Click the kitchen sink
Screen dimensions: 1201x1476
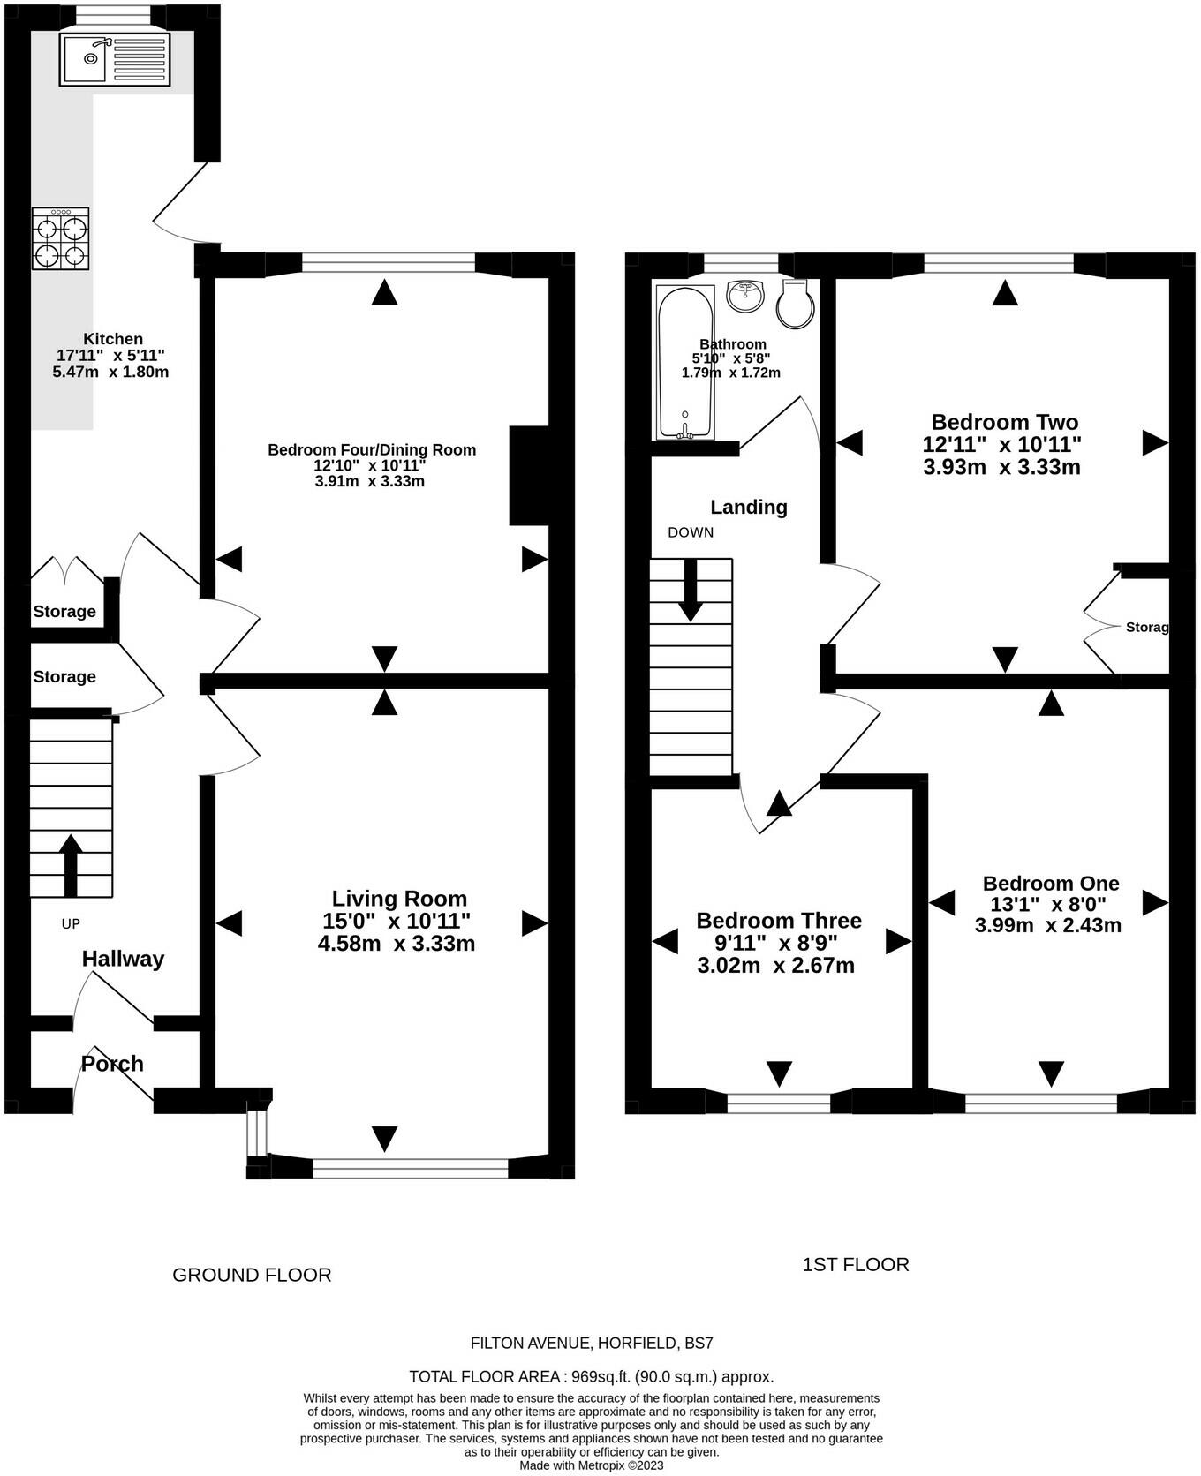pyautogui.click(x=113, y=59)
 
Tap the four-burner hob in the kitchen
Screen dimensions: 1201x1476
pyautogui.click(x=61, y=238)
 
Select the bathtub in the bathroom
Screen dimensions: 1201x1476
pyautogui.click(x=685, y=362)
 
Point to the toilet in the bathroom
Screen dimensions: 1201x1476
pyautogui.click(x=794, y=303)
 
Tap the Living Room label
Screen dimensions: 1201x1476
pyautogui.click(x=399, y=899)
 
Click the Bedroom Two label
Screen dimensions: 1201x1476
pyautogui.click(x=1004, y=422)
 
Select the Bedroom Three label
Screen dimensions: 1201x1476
pyautogui.click(x=779, y=921)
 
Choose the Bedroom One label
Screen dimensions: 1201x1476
pyautogui.click(x=1051, y=883)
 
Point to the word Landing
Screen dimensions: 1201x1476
pyautogui.click(x=749, y=507)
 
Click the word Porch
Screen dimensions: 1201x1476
pyautogui.click(x=112, y=1064)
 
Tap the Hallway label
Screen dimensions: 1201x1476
pyautogui.click(x=123, y=959)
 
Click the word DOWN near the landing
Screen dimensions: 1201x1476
pyautogui.click(x=691, y=532)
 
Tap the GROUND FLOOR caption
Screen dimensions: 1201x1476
pyautogui.click(x=252, y=1275)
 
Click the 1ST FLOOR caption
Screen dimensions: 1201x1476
pyautogui.click(x=856, y=1264)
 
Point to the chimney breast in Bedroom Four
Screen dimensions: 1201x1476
pyautogui.click(x=529, y=476)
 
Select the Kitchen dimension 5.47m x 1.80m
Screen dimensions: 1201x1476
pyautogui.click(x=110, y=372)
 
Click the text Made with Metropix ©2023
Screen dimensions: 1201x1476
pyautogui.click(x=591, y=1465)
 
